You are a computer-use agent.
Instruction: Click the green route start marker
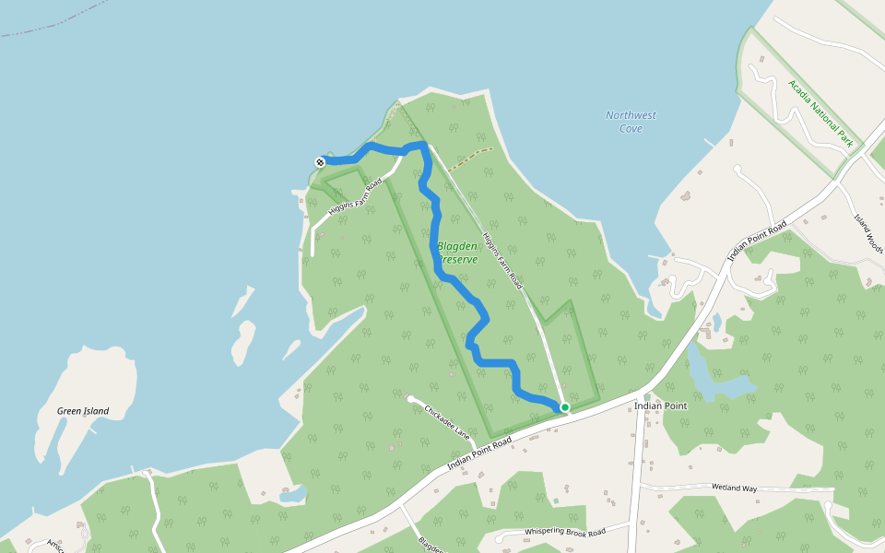point(564,406)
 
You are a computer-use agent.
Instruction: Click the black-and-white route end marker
point(320,162)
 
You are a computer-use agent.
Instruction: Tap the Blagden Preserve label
point(457,253)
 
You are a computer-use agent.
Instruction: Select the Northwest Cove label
point(631,122)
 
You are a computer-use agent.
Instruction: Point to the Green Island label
point(83,411)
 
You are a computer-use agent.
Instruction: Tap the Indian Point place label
point(661,406)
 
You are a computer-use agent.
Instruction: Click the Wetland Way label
point(734,487)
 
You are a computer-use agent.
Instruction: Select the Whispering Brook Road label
point(564,532)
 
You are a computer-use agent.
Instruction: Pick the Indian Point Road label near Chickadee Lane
point(479,454)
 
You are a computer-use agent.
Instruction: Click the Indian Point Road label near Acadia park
point(757,241)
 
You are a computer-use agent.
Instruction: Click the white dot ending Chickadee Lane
point(410,399)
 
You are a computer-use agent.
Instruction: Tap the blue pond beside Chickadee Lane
point(292,495)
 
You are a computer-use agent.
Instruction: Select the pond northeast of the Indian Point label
point(724,381)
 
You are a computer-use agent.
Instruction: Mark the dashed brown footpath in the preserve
point(470,154)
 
